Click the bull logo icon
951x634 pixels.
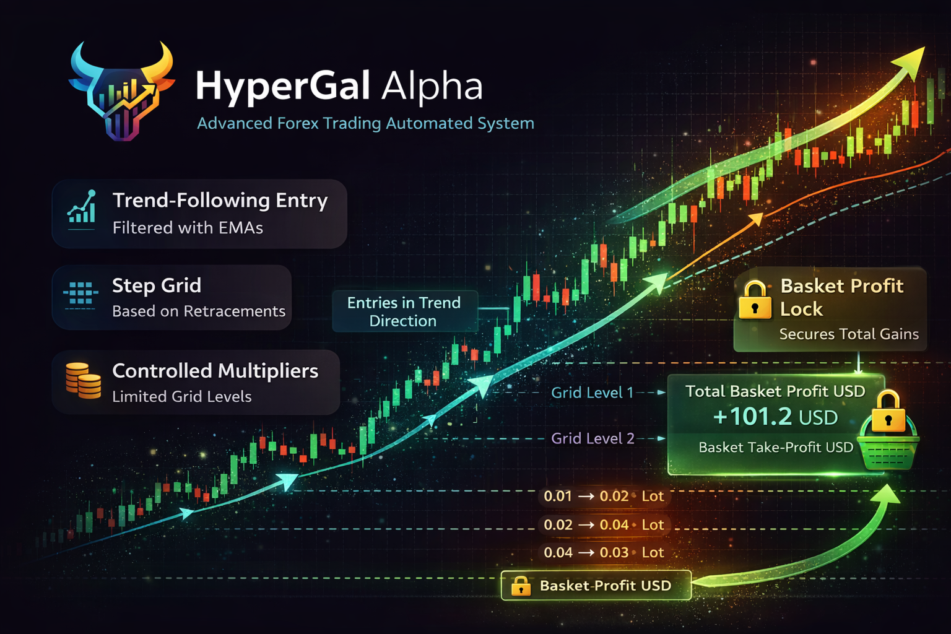pos(122,91)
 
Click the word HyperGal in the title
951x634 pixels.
pos(282,87)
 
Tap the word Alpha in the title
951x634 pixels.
pos(432,87)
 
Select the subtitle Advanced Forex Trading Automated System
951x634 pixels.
pos(365,123)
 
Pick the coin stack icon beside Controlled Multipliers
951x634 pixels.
pos(83,381)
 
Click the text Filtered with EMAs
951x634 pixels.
pos(188,228)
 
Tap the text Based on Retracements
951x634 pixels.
pos(199,311)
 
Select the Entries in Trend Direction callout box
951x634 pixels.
pos(405,311)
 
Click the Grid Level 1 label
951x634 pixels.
pos(592,393)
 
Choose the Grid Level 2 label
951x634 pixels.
pos(593,438)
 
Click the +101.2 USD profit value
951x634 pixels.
pos(775,417)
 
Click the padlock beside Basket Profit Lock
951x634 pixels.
pos(755,300)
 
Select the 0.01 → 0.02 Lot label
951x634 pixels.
pos(604,496)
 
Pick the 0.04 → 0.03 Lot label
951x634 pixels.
pos(604,552)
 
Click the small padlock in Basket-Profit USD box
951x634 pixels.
pos(521,586)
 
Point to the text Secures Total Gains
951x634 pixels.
pos(849,334)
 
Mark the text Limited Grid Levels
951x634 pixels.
pos(181,397)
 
